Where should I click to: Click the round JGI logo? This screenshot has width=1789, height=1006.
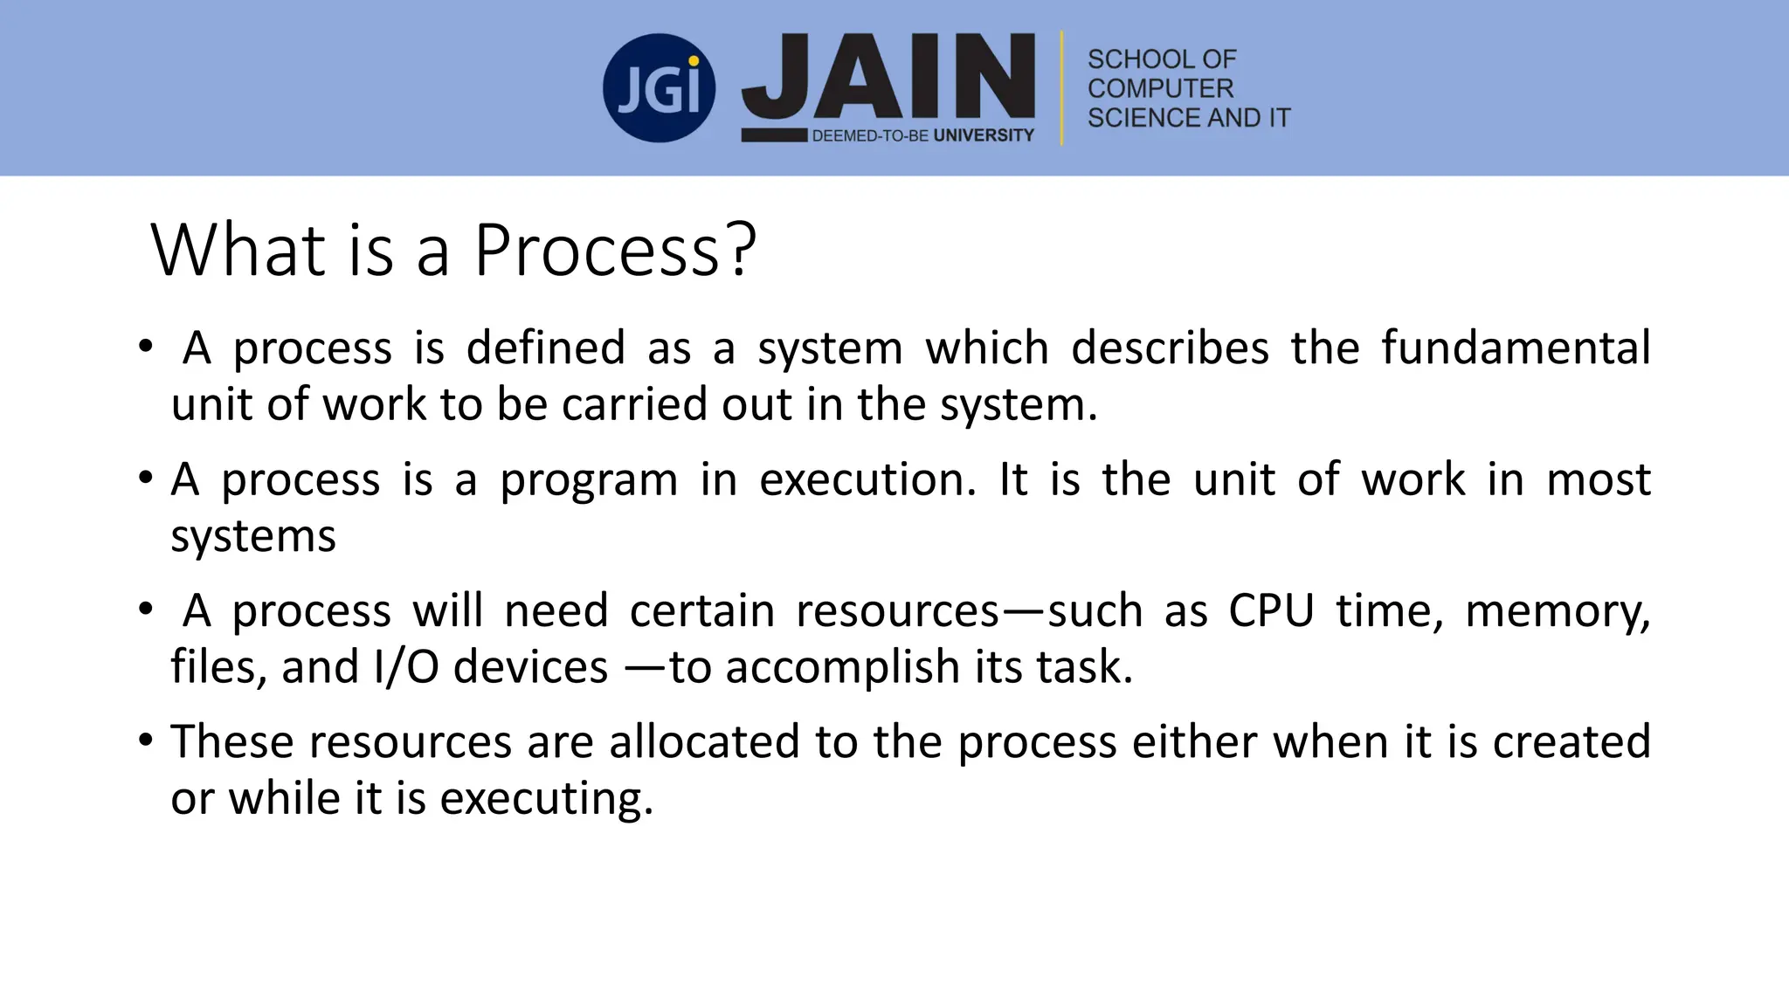tap(659, 88)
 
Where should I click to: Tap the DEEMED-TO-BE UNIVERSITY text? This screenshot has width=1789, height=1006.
tap(922, 135)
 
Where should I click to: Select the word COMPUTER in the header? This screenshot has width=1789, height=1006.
tap(1160, 88)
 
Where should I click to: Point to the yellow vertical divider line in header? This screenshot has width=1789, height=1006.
tap(1062, 87)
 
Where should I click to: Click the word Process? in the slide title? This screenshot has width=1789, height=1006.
tap(615, 251)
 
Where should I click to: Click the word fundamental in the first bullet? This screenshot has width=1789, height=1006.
tap(1516, 348)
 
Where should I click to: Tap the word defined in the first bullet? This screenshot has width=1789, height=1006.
tap(546, 348)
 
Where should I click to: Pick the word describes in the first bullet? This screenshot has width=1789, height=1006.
tap(1170, 348)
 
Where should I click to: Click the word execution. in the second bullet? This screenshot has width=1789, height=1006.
tap(867, 479)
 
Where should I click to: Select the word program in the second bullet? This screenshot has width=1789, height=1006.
tap(589, 481)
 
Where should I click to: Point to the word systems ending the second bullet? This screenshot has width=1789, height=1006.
tap(253, 536)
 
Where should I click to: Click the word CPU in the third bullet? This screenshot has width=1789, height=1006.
tap(1271, 610)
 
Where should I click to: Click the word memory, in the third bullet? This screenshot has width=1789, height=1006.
tap(1558, 611)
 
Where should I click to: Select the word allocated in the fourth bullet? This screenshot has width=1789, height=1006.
tap(704, 742)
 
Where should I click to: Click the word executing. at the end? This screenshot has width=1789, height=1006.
tap(547, 799)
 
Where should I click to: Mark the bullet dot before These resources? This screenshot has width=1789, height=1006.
tap(146, 741)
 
